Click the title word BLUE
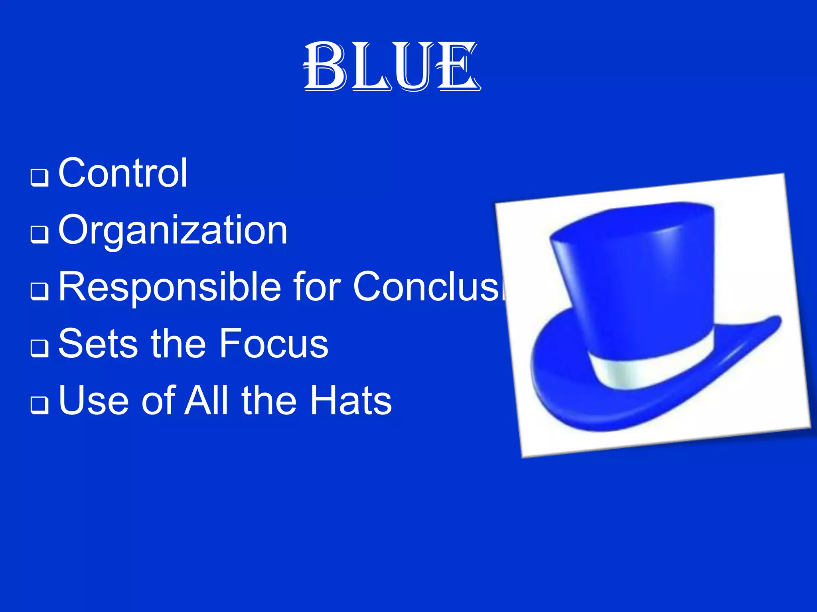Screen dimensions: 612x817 pos(392,67)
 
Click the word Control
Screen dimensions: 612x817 pos(123,173)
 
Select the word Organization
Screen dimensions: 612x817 pos(173,230)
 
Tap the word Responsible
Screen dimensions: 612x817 pos(170,286)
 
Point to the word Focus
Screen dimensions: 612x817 pos(274,343)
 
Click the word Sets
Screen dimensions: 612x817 pos(98,343)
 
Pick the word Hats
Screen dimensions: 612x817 pos(351,400)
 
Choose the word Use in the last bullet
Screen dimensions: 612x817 pos(94,400)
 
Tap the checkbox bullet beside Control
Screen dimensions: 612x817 pos(39,177)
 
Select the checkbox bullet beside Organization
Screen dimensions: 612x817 pos(39,234)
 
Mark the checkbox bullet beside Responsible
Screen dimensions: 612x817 pos(39,291)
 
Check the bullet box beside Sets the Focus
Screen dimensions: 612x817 pos(39,348)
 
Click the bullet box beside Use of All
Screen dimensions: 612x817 pos(39,405)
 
